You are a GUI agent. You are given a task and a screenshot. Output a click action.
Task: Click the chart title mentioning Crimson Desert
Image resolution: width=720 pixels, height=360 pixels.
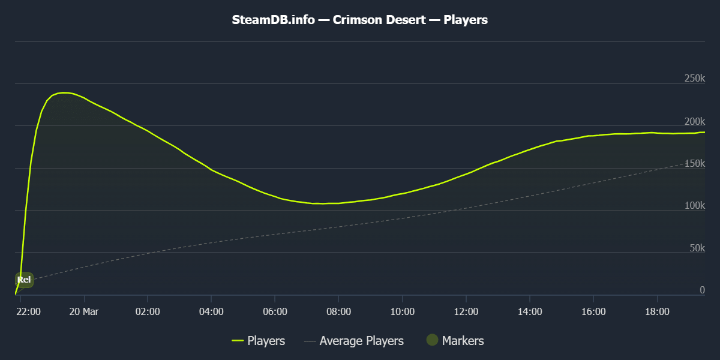click(x=360, y=20)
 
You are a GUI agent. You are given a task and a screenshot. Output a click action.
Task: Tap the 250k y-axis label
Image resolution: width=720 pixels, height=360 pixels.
click(x=694, y=79)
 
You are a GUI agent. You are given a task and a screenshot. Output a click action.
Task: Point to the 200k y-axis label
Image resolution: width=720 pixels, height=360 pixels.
click(x=694, y=121)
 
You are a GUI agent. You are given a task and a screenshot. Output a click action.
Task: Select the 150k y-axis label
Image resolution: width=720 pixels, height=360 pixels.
click(x=694, y=163)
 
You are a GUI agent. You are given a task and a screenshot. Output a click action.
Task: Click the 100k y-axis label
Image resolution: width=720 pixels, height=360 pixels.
click(x=694, y=205)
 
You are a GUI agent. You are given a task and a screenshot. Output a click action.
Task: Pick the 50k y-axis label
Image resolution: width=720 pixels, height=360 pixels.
click(x=696, y=248)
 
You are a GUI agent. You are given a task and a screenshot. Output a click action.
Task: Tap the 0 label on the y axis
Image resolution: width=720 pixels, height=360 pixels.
click(x=702, y=290)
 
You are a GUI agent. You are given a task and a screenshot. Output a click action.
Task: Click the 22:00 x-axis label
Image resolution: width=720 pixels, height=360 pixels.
click(x=29, y=311)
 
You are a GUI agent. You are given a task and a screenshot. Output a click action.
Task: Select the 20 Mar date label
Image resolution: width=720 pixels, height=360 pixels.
click(x=84, y=311)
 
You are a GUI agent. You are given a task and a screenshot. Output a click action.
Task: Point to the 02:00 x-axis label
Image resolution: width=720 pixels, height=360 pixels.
click(x=148, y=311)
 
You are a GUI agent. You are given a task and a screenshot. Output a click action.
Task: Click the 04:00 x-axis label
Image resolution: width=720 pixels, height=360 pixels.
click(x=211, y=311)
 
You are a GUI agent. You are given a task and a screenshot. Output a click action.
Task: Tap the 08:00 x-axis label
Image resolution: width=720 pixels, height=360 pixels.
click(x=338, y=311)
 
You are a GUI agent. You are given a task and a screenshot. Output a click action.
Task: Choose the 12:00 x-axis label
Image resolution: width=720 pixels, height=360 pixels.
click(x=466, y=311)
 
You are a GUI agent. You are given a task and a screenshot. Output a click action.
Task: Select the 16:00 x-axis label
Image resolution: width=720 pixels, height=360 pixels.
click(x=593, y=311)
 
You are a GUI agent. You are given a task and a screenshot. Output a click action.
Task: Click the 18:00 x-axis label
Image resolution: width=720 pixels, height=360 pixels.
click(x=657, y=311)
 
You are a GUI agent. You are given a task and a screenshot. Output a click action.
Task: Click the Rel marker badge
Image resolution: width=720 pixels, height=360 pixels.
click(x=24, y=280)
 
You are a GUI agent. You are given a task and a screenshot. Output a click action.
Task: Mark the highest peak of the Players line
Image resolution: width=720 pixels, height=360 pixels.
click(x=64, y=92)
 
